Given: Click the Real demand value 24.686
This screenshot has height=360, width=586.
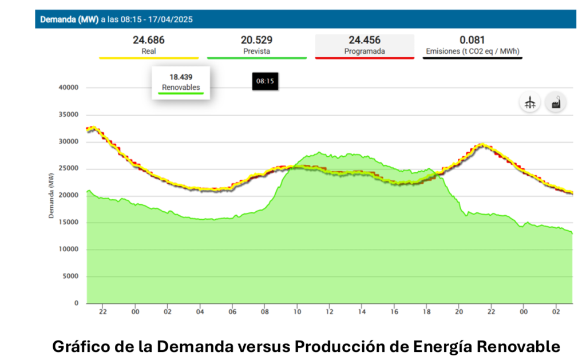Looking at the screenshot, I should click(x=148, y=40).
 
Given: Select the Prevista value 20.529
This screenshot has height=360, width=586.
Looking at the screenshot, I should click(x=256, y=40).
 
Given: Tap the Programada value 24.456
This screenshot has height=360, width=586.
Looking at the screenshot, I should click(x=364, y=40).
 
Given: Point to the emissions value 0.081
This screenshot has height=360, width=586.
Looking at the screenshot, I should click(x=472, y=40).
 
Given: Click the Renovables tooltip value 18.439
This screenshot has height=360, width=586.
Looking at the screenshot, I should click(x=180, y=76).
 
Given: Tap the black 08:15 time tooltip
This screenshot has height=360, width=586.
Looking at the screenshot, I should click(x=265, y=81).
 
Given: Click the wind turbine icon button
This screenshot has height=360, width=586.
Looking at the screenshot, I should click(x=530, y=103).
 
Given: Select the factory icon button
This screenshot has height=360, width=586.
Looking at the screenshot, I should click(x=555, y=103).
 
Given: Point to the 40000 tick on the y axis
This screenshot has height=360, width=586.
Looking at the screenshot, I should click(x=68, y=88).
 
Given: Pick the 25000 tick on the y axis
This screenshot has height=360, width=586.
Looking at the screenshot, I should click(x=68, y=169).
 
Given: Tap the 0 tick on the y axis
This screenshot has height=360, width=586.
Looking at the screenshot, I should click(x=76, y=303).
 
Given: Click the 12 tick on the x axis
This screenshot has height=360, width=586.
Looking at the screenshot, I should click(x=330, y=312).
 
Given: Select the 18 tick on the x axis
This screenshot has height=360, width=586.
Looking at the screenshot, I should click(x=426, y=312).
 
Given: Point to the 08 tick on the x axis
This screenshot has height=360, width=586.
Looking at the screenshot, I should click(x=265, y=312).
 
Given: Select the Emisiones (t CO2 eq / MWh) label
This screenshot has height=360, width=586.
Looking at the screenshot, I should click(x=472, y=51).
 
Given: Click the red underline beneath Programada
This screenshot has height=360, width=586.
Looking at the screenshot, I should click(x=364, y=58).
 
